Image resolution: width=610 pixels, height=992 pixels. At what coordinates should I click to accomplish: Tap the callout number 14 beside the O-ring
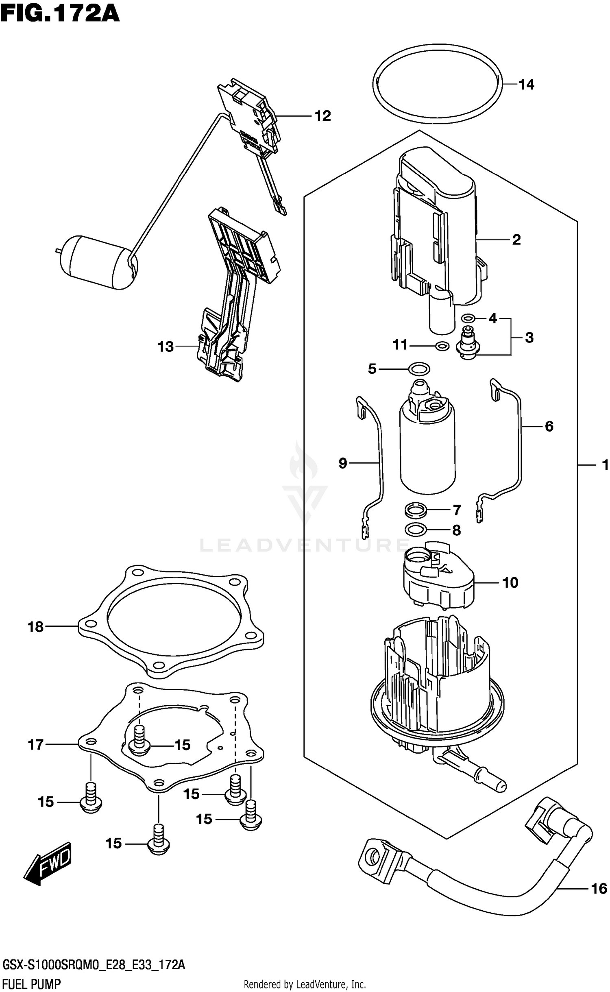(x=526, y=85)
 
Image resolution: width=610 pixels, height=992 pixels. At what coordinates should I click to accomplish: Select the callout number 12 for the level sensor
(x=323, y=116)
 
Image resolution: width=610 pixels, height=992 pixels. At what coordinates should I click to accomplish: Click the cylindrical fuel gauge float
(x=98, y=262)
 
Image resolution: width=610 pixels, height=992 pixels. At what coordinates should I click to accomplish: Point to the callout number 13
(x=166, y=347)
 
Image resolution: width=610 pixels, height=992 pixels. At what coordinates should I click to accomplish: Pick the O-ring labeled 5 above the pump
(x=419, y=369)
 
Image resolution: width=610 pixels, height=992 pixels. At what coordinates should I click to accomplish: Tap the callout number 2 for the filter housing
(x=516, y=240)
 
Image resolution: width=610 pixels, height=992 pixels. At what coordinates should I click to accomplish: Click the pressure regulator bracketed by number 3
(x=469, y=344)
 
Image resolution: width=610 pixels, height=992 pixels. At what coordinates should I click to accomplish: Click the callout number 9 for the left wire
(x=343, y=463)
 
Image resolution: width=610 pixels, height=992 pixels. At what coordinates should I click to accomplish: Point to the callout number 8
(x=456, y=530)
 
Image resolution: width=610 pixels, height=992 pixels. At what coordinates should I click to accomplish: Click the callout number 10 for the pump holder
(x=510, y=582)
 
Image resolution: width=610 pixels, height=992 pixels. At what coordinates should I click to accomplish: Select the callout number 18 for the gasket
(x=36, y=627)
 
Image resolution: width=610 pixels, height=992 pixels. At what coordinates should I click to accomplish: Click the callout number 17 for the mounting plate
(x=36, y=745)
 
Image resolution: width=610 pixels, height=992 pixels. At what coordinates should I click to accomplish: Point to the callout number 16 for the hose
(x=599, y=889)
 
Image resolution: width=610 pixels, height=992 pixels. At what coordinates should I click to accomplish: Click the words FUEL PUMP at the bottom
(x=32, y=981)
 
